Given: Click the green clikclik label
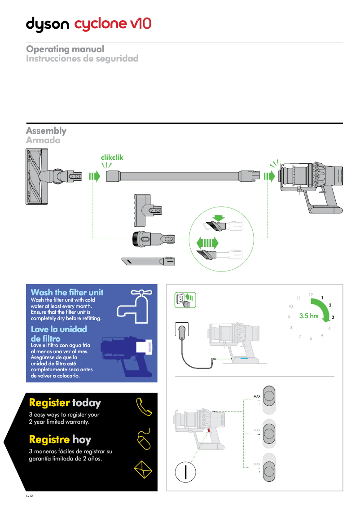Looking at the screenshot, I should click(112, 158).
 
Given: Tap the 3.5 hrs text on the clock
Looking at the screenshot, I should click(308, 316).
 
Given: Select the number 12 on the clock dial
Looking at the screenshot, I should click(311, 295).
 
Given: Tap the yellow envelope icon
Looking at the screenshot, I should click(144, 470).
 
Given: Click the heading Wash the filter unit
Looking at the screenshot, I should click(67, 292).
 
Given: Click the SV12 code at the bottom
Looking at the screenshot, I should click(29, 496).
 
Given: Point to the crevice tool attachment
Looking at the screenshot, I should click(148, 261).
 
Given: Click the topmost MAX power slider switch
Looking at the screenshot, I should click(269, 397).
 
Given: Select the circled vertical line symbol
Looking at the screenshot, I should click(184, 473).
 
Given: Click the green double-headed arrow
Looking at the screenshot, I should click(207, 243).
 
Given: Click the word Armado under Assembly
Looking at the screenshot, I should click(43, 140).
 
